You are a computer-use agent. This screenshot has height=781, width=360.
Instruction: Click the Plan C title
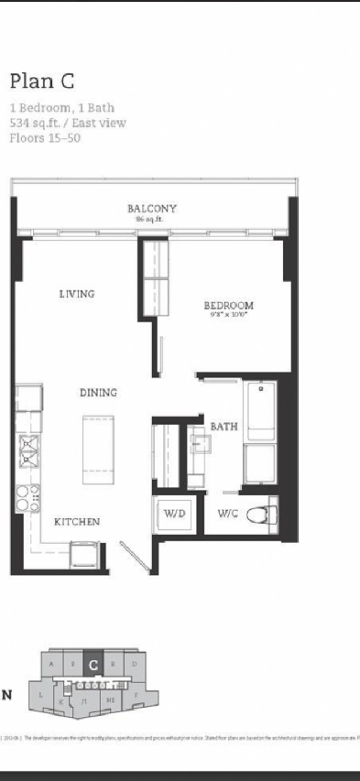41,81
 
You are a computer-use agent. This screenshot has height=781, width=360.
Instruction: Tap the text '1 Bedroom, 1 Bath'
61,107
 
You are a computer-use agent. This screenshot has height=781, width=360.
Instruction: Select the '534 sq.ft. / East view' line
68,123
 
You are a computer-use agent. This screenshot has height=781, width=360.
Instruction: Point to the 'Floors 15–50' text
45,138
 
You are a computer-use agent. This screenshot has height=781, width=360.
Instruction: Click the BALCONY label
152,209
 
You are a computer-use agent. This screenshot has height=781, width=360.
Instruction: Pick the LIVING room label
77,294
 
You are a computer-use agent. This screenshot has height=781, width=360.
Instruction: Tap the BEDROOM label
228,305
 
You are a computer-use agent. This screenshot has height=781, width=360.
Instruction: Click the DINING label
98,393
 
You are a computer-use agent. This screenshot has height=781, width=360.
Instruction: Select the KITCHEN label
77,521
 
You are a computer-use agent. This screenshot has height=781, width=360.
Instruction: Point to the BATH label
224,426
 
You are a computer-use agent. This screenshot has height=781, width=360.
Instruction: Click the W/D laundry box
175,515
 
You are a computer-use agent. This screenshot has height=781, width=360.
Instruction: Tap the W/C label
229,515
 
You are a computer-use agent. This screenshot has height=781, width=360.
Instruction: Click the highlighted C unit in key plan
93,663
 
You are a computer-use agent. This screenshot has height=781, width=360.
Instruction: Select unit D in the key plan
134,662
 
